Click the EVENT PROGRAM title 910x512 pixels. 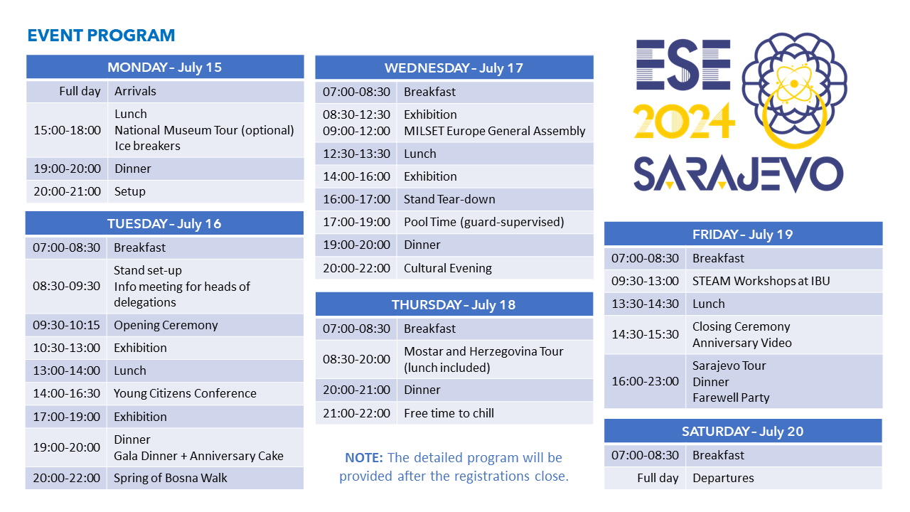(x=101, y=36)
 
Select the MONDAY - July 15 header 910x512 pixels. (x=165, y=67)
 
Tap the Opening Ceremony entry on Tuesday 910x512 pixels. (x=166, y=325)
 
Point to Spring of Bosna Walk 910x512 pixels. (x=170, y=478)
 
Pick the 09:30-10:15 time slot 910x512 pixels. (x=66, y=325)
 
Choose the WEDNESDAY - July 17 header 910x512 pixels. (x=454, y=68)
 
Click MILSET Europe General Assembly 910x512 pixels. (x=494, y=131)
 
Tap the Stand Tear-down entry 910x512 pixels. (x=449, y=199)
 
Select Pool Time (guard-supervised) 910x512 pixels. (x=484, y=222)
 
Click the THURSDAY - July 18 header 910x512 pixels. (x=454, y=305)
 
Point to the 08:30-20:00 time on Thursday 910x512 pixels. (x=356, y=359)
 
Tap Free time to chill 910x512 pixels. (x=449, y=413)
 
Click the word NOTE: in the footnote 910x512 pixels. (x=364, y=458)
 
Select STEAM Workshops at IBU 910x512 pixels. (x=761, y=281)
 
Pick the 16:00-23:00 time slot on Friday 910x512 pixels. (x=645, y=381)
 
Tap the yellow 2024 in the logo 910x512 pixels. (x=684, y=121)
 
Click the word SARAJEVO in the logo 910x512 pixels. (x=739, y=174)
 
